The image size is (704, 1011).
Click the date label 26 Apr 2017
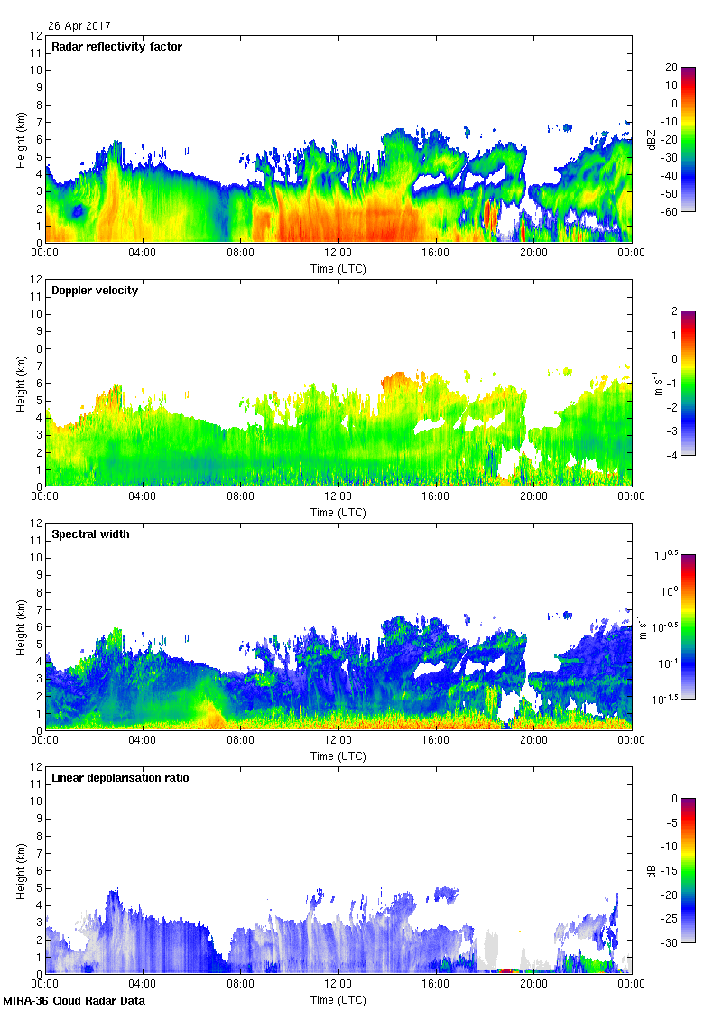(x=79, y=26)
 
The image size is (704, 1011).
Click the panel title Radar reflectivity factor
(x=117, y=47)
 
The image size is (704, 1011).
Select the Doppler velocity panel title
(x=95, y=291)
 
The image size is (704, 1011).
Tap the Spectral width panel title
(x=90, y=534)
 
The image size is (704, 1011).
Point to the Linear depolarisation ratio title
(x=120, y=778)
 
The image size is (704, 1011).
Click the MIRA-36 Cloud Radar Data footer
(x=74, y=1000)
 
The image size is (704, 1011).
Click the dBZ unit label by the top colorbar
(x=652, y=139)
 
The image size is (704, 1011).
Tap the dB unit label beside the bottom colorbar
(x=652, y=870)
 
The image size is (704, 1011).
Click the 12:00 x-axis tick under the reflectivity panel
(x=338, y=254)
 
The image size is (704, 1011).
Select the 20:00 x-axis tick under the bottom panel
(x=533, y=985)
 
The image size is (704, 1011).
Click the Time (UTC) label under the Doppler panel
(x=338, y=512)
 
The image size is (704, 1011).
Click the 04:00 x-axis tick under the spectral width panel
(x=143, y=741)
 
